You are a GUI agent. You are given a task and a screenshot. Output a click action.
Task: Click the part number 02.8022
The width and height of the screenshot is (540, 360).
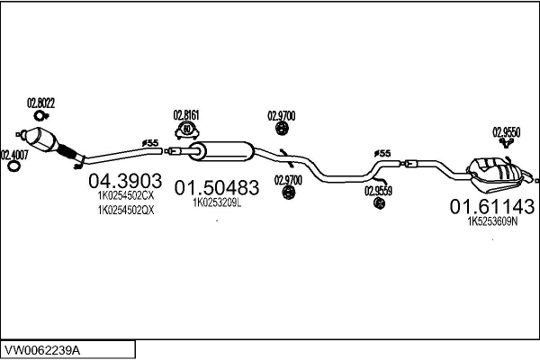[41, 103]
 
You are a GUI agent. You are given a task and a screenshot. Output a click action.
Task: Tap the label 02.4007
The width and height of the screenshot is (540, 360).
[14, 154]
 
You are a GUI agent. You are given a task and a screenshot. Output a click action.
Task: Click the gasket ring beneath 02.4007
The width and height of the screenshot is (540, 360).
[13, 166]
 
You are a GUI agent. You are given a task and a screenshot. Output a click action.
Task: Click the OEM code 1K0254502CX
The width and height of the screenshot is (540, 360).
[126, 194]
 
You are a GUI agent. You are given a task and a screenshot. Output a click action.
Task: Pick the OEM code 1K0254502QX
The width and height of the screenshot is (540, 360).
[126, 211]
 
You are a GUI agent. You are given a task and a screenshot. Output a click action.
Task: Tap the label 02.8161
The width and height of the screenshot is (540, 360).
[186, 115]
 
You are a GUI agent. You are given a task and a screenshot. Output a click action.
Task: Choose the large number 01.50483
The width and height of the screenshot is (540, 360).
[216, 188]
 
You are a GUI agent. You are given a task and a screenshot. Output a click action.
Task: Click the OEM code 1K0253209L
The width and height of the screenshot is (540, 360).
[217, 203]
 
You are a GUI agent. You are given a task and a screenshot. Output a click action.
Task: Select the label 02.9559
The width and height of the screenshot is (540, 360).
[378, 190]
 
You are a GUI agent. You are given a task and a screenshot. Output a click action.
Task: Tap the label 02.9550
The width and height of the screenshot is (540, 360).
[507, 132]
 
